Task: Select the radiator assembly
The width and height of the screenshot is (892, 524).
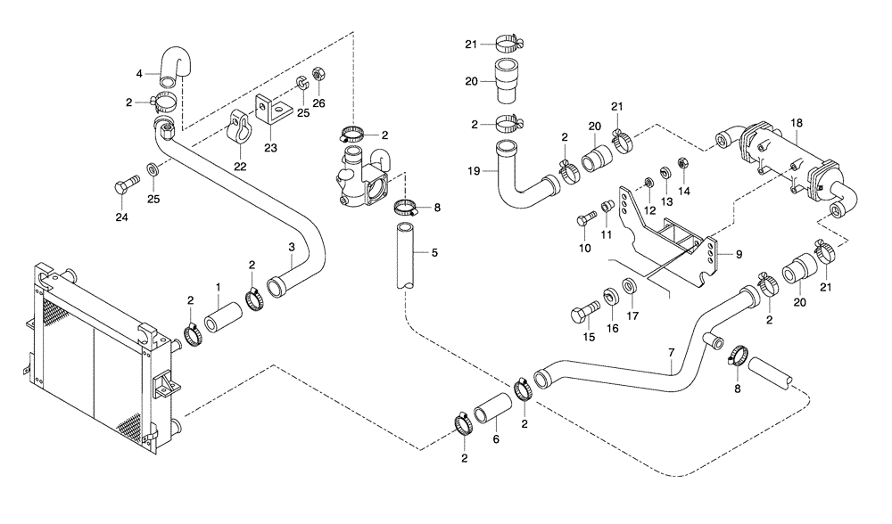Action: pyautogui.click(x=94, y=351)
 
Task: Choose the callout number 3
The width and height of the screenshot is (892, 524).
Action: pyautogui.click(x=291, y=246)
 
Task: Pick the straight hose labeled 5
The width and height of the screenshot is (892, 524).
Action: pyautogui.click(x=406, y=256)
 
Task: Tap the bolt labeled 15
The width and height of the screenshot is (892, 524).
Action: pyautogui.click(x=582, y=315)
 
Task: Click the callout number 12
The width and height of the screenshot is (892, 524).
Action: pyautogui.click(x=650, y=209)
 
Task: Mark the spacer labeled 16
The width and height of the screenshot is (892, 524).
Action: pyautogui.click(x=612, y=295)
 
